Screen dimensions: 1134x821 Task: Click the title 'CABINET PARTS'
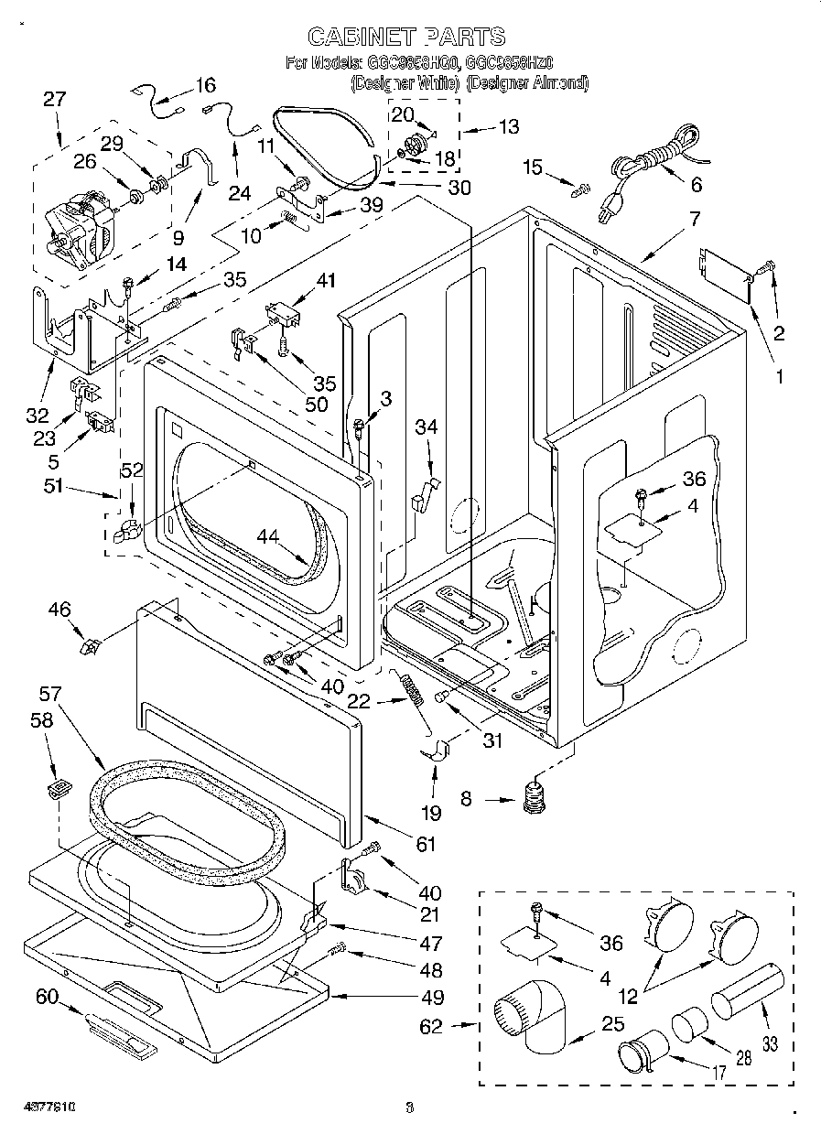tap(405, 37)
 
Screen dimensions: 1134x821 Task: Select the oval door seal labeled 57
tap(183, 805)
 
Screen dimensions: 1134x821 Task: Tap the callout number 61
tap(426, 845)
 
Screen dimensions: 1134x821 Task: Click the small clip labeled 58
tap(59, 786)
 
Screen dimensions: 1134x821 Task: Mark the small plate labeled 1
tap(724, 274)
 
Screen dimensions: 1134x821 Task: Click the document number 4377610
tap(38, 1107)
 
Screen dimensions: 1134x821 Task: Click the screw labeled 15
tap(578, 190)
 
